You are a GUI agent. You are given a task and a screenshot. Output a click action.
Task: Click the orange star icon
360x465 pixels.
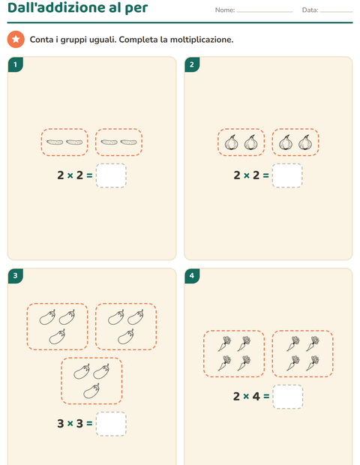tap(16, 39)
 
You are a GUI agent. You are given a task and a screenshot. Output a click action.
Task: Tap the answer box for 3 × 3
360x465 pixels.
tap(111, 424)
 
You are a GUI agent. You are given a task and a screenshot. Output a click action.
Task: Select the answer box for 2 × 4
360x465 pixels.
tap(288, 397)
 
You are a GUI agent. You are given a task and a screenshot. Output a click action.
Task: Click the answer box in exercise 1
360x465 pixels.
tap(111, 175)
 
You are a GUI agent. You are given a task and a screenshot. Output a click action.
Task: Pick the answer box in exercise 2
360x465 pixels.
tap(287, 175)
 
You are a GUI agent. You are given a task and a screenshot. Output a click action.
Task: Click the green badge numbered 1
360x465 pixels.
tap(16, 64)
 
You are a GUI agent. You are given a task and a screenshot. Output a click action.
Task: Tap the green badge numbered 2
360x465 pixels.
tap(192, 64)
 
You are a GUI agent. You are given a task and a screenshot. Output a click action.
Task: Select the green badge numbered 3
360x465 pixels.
tap(16, 276)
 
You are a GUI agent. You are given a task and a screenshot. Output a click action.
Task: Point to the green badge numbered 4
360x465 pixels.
tap(192, 276)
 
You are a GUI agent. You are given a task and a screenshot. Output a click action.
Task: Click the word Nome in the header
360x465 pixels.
tap(224, 10)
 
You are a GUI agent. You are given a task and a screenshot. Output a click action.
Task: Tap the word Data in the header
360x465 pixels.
tap(310, 10)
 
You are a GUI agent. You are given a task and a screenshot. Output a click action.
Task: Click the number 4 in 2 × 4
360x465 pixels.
tap(256, 396)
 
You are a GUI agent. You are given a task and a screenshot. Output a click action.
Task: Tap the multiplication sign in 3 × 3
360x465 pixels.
tap(70, 424)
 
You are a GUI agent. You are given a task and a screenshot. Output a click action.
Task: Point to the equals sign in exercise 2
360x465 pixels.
tap(265, 175)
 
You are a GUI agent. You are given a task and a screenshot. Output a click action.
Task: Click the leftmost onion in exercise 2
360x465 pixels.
tap(231, 142)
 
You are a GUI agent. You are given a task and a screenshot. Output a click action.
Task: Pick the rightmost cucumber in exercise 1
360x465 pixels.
tap(129, 142)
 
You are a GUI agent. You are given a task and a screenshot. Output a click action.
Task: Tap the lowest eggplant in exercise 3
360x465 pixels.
tap(91, 391)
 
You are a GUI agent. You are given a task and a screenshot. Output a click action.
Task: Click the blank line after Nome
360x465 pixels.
tap(265, 12)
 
